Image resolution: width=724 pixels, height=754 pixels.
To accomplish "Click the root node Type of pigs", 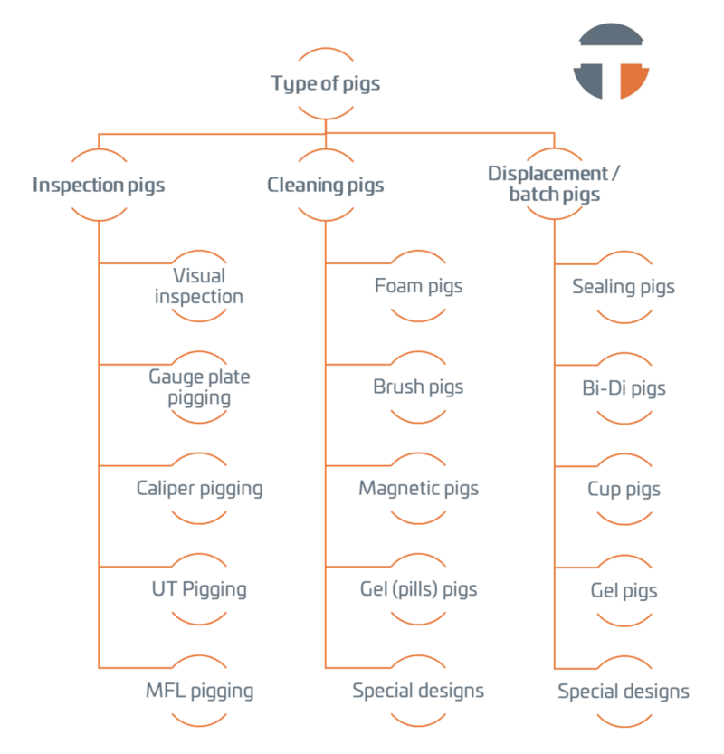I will (x=326, y=84).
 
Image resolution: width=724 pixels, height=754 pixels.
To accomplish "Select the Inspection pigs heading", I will (x=99, y=186).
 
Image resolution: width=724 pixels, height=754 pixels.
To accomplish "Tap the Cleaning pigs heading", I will (x=326, y=186).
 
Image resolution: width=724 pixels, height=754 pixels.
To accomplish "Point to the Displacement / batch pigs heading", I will (x=554, y=184).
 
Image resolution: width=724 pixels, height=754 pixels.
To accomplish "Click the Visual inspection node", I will (x=199, y=286).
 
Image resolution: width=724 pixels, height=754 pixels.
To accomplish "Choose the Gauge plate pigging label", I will (x=199, y=387).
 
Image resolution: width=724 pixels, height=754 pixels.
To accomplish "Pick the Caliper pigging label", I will (x=199, y=489).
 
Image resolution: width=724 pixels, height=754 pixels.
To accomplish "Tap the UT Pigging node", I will (x=199, y=589).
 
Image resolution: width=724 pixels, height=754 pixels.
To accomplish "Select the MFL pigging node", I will (x=199, y=692).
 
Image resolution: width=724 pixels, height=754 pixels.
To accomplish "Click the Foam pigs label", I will (x=418, y=286).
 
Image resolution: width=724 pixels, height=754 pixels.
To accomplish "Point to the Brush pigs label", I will (x=418, y=387).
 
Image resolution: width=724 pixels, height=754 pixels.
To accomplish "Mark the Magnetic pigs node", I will (x=418, y=489).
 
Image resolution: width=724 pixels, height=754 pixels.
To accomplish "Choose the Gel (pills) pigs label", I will (x=418, y=589).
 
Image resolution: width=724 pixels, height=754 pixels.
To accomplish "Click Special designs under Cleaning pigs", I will (x=418, y=692).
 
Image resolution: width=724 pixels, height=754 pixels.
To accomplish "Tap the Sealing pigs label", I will (x=624, y=287).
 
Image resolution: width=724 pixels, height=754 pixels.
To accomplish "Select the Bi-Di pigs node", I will (x=624, y=388).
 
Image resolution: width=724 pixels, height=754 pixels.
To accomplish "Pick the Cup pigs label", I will (x=624, y=490).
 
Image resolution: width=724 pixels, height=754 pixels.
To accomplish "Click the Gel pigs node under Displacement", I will (x=624, y=591).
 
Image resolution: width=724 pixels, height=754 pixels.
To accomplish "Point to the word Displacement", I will (x=547, y=173).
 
